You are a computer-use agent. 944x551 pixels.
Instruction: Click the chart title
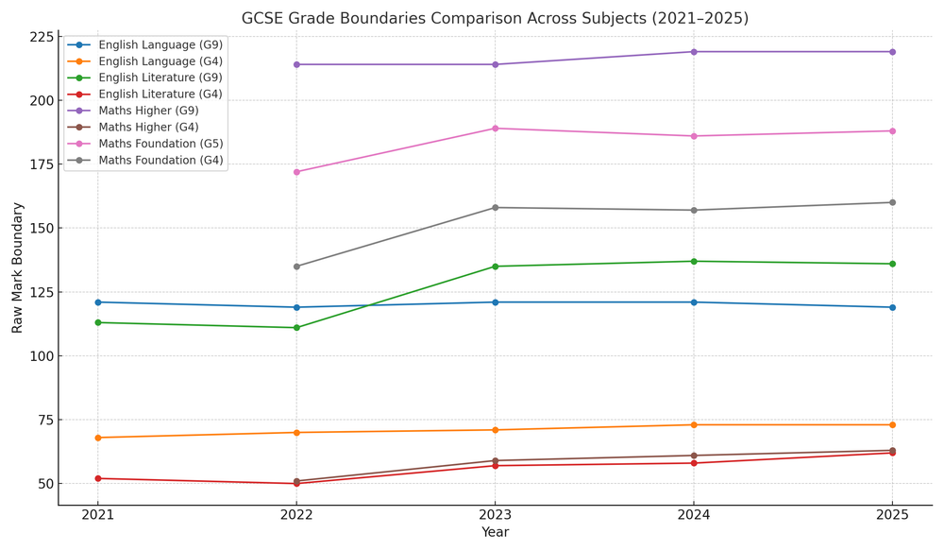click(495, 19)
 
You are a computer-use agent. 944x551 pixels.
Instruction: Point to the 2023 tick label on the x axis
click(495, 515)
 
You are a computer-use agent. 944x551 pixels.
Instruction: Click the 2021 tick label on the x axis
click(97, 515)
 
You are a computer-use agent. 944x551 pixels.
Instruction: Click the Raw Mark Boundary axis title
click(18, 267)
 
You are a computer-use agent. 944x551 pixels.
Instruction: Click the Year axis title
click(495, 533)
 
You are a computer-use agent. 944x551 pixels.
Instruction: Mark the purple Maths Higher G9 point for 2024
click(694, 52)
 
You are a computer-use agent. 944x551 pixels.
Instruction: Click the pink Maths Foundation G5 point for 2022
click(296, 172)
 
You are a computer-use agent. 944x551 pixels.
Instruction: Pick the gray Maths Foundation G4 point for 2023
click(495, 208)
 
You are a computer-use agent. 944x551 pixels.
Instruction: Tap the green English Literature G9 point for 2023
click(495, 267)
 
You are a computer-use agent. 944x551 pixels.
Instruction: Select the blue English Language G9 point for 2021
click(97, 302)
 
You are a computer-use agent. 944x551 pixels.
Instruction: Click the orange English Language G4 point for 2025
click(892, 424)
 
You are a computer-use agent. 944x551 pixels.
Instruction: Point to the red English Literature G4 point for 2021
click(97, 478)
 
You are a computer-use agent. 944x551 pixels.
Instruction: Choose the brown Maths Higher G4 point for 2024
click(694, 456)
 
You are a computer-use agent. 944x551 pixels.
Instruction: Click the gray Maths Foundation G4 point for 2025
click(892, 202)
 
